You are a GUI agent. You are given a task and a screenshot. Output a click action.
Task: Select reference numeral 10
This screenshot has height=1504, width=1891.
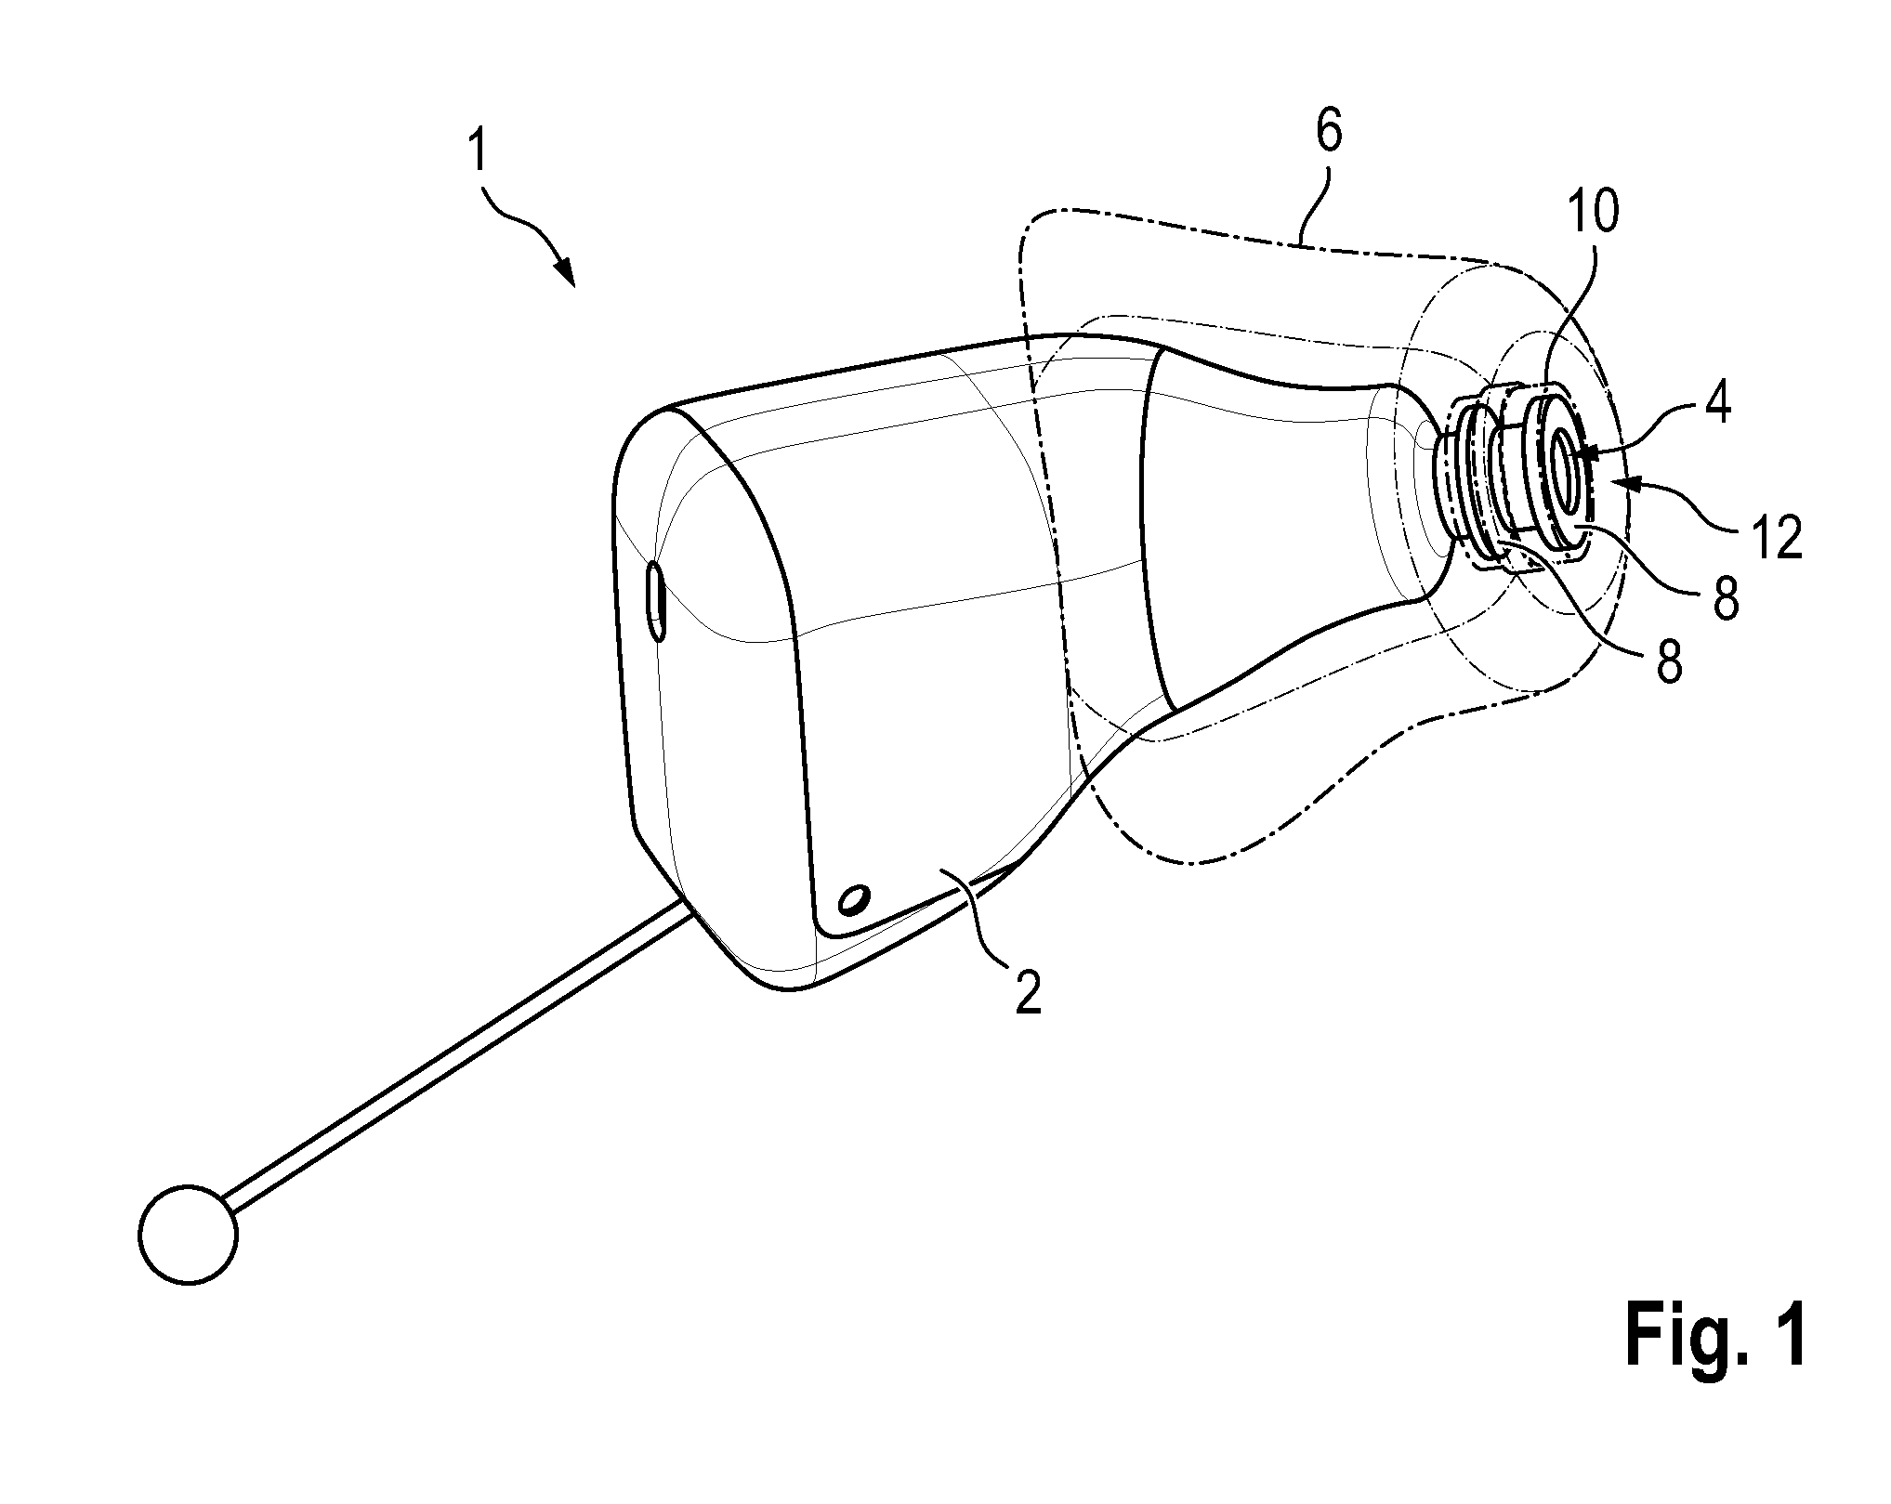point(1591,213)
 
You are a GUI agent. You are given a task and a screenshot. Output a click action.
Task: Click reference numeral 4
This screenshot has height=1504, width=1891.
point(1717,407)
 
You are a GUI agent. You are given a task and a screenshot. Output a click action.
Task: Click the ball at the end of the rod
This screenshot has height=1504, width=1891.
point(189,1235)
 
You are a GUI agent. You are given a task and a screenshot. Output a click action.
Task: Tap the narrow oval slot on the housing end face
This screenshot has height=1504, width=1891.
point(655,600)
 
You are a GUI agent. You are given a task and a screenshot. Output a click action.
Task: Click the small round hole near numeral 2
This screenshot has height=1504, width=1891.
point(853,899)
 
